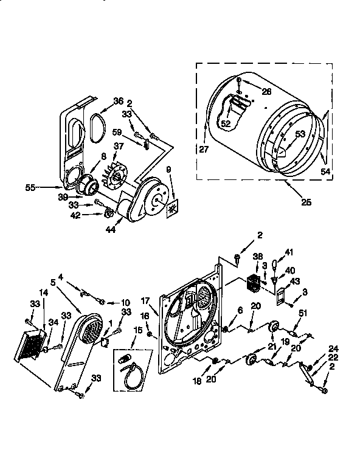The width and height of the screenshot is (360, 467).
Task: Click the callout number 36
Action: click(x=118, y=102)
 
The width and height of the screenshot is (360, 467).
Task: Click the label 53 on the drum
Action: click(x=300, y=134)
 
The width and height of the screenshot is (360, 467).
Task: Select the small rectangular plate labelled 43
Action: click(x=280, y=297)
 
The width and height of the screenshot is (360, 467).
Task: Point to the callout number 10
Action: click(x=125, y=302)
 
